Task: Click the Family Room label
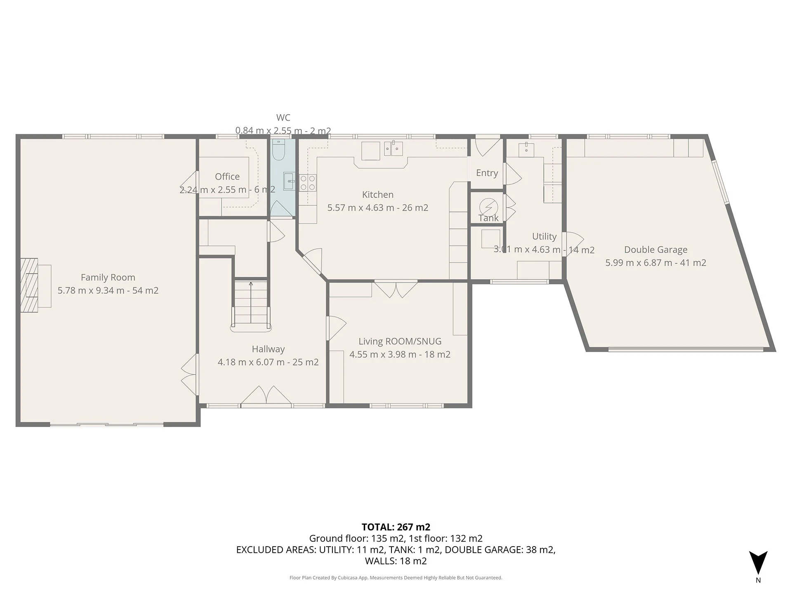(108, 278)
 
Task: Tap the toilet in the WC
(278, 151)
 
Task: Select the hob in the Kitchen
(308, 183)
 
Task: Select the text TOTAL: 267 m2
(396, 527)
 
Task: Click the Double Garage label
(655, 250)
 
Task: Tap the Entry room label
(487, 173)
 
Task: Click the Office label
(227, 177)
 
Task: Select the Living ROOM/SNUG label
(400, 342)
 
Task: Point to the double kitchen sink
(394, 148)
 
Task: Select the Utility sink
(526, 149)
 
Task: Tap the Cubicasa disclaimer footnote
(396, 578)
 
